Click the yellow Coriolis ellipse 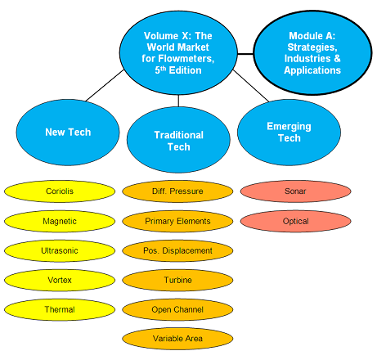[x=60, y=191]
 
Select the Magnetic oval [x=60, y=221]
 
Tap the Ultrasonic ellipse [x=60, y=250]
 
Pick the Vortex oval [x=60, y=280]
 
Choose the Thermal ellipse [x=60, y=309]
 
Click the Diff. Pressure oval [x=177, y=191]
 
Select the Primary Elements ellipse [x=177, y=221]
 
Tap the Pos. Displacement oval [x=177, y=250]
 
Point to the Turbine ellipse [x=177, y=280]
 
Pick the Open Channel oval [x=177, y=309]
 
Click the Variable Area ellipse [x=177, y=339]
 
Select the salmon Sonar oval [x=295, y=191]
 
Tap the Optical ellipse [x=295, y=221]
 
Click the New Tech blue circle [x=68, y=133]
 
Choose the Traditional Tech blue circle [x=178, y=140]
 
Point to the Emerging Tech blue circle [x=289, y=133]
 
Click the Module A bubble [x=312, y=53]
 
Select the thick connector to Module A [x=245, y=54]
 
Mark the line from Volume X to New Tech [x=105, y=85]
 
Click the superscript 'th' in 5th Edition [x=163, y=68]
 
